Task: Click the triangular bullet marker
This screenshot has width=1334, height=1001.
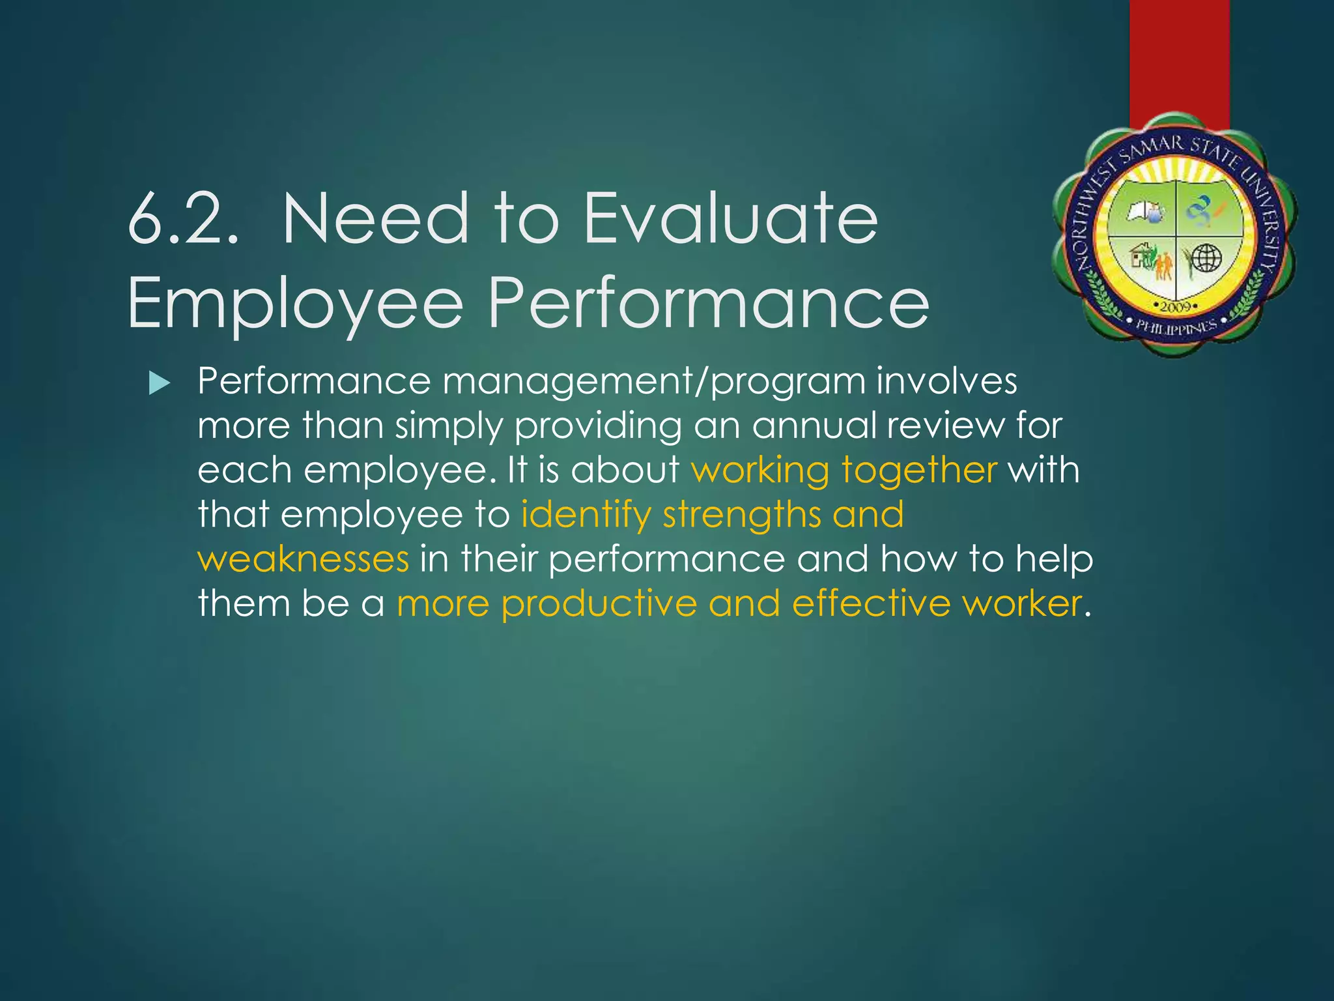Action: [159, 383]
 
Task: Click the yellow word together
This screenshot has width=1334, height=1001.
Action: [919, 471]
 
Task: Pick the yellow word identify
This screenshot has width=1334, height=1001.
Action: [586, 515]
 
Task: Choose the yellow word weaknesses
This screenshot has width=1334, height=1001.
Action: [304, 559]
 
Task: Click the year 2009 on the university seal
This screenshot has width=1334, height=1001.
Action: [1176, 306]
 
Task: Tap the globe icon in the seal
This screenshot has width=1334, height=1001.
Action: [1206, 259]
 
